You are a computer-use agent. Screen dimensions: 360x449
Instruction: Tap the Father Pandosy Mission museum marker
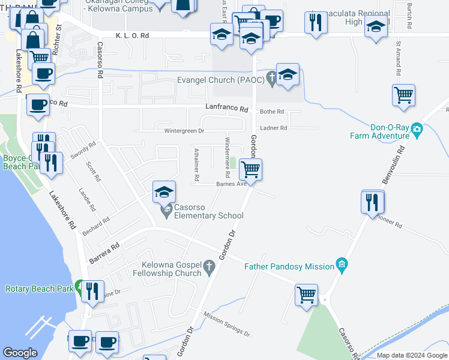click(x=342, y=265)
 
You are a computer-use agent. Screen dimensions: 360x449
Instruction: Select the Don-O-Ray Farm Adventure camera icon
click(x=418, y=130)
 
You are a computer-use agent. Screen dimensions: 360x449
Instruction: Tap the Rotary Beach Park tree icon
click(x=79, y=289)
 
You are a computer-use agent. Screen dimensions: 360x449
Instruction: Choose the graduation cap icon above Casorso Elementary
click(x=164, y=192)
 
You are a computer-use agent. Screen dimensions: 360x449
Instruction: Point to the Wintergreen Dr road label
click(x=184, y=130)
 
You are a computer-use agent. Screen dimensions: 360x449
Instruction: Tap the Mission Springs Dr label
click(x=226, y=324)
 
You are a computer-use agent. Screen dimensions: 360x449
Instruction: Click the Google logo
click(x=20, y=353)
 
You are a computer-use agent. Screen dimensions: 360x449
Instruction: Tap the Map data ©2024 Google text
click(x=411, y=356)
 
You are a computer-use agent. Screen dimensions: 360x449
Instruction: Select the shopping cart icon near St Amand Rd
click(x=403, y=95)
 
